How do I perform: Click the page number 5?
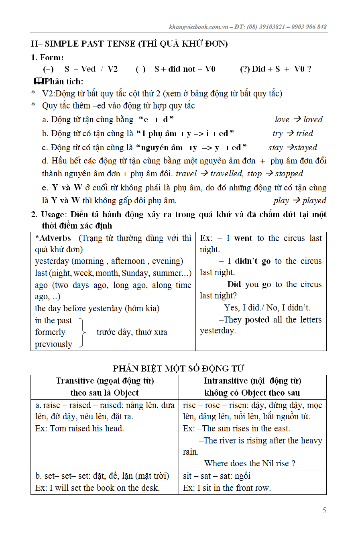pos(324,510)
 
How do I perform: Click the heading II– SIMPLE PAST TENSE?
pos(129,44)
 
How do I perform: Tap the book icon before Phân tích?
pos(39,82)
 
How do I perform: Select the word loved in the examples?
pos(313,119)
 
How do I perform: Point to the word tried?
pos(305,133)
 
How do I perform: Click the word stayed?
pos(305,147)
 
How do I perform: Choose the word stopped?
pos(289,174)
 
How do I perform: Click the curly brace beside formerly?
pos(83,332)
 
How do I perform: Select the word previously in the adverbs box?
pos(53,344)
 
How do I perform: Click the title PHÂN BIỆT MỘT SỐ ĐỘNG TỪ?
pos(178,368)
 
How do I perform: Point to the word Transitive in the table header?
pos(75,381)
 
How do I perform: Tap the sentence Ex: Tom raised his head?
pos(79,429)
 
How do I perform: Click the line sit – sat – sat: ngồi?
pos(217,476)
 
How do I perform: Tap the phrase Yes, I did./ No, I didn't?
pos(267,308)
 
